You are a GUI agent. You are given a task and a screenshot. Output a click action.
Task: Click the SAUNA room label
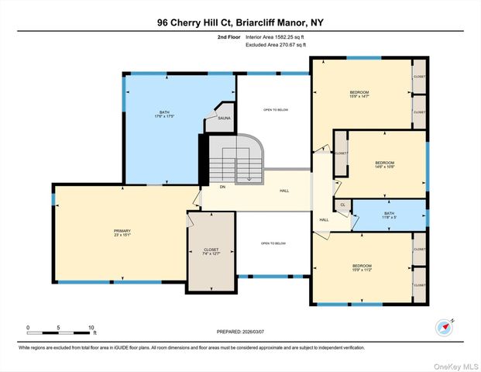[223, 119]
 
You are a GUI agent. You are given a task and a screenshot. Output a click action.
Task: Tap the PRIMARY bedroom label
[122, 233]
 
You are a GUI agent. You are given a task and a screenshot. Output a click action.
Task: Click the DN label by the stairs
[222, 187]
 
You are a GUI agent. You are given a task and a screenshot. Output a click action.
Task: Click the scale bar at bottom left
[60, 332]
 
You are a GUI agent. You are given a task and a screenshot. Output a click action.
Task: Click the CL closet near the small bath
[342, 205]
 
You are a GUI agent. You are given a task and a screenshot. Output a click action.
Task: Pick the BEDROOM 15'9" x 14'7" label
[359, 95]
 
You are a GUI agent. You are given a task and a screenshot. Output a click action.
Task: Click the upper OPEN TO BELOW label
[273, 109]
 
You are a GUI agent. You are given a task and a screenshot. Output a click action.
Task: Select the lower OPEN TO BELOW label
[273, 243]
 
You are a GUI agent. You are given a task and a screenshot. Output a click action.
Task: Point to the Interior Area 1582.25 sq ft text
[276, 36]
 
